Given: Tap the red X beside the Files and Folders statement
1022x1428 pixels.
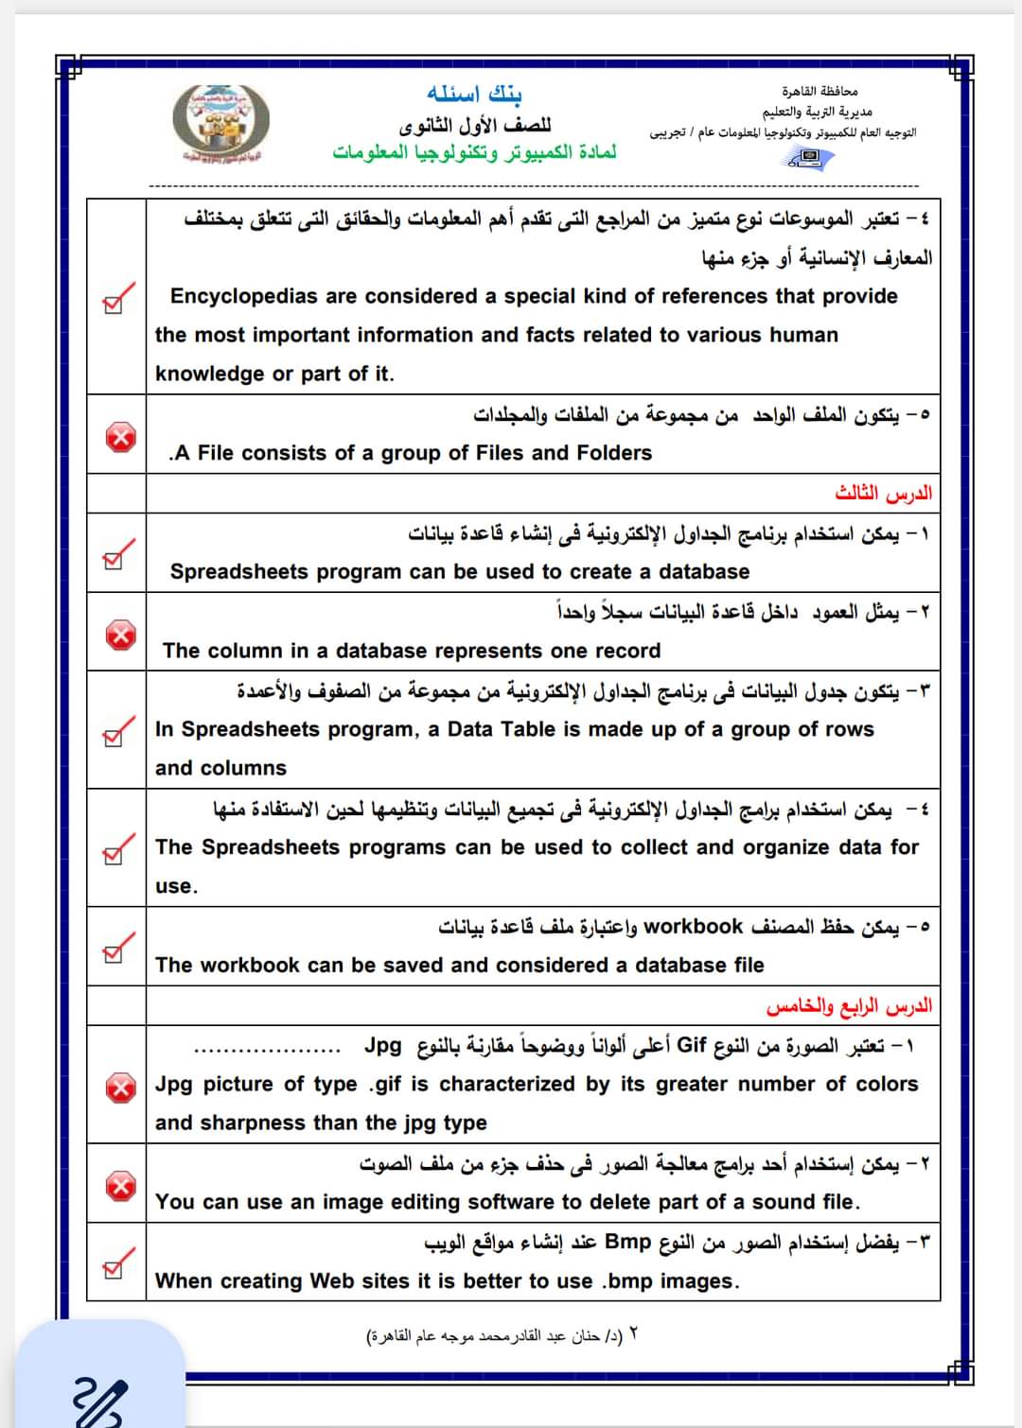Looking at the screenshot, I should [x=120, y=436].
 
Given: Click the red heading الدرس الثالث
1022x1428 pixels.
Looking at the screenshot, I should [x=883, y=493].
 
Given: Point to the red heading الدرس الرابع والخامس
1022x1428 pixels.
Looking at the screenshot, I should [x=849, y=1006].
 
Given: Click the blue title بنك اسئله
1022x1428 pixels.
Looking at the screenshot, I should [x=474, y=94].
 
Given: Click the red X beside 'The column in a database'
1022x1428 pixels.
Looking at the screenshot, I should [x=120, y=634].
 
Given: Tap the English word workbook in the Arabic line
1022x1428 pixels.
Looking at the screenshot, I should [x=693, y=927].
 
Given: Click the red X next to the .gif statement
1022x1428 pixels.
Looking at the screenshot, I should [x=120, y=1088].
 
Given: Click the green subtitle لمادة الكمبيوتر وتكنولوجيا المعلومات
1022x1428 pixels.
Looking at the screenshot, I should [x=474, y=152].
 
